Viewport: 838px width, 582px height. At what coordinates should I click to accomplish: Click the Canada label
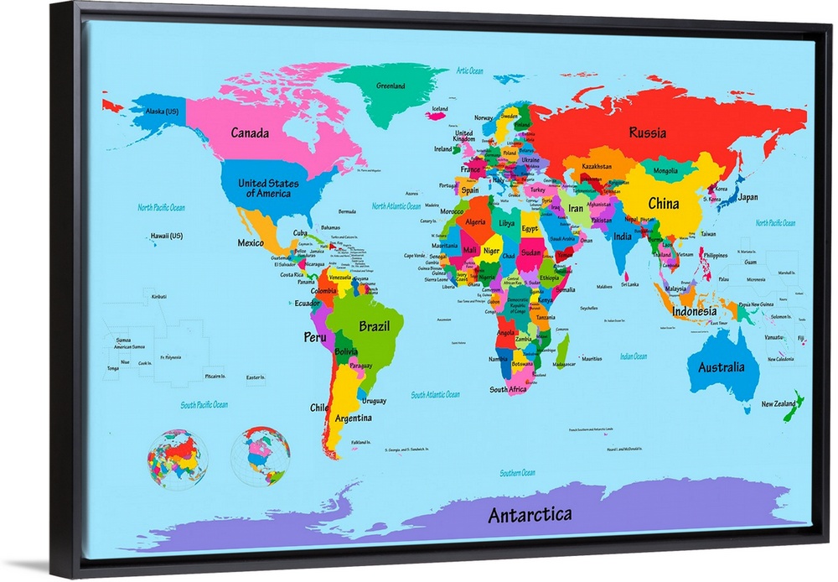point(250,133)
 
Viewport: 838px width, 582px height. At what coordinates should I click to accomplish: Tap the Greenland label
point(391,86)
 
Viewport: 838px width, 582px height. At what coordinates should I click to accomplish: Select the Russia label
point(648,133)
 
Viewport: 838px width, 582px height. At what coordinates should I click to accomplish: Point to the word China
point(663,203)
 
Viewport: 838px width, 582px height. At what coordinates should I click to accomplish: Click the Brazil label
point(374,325)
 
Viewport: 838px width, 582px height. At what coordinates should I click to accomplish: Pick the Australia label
point(721,366)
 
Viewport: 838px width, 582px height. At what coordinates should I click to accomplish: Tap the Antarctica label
point(530,513)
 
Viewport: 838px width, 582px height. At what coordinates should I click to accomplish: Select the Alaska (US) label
point(162,112)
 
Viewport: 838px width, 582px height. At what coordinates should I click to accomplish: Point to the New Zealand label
point(779,403)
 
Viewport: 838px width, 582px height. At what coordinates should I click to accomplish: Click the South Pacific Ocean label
point(204,405)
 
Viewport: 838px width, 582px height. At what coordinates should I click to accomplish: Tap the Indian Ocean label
point(634,356)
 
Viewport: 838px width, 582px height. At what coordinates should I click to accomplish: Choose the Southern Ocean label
point(517,473)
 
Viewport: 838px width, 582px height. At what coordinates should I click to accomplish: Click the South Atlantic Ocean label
point(435,394)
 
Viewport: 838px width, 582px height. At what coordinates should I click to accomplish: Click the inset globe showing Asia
point(177,459)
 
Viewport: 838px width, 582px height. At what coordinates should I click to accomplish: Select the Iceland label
point(439,109)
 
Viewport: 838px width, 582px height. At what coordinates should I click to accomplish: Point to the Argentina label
point(353,418)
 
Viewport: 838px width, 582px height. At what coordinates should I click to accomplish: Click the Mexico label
point(250,242)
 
